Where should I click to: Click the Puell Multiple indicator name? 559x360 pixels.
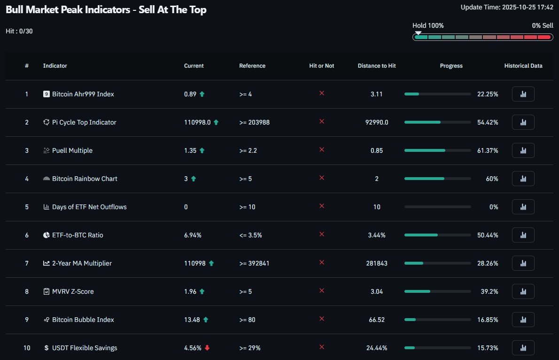(72, 150)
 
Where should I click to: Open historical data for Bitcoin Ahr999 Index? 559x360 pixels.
(523, 94)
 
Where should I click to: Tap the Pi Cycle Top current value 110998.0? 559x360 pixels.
(197, 122)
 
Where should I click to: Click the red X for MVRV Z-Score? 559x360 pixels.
(322, 291)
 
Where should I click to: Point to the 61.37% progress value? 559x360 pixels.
(488, 150)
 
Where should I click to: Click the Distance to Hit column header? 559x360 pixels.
(377, 66)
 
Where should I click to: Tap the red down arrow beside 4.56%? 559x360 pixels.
(207, 348)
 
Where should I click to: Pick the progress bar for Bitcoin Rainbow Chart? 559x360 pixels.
(437, 179)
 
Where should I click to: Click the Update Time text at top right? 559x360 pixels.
(507, 7)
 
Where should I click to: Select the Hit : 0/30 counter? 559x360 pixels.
(19, 31)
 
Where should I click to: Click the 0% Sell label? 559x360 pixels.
(543, 25)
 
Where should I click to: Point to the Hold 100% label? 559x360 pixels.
(428, 25)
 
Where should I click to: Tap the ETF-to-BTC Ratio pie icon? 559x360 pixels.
(46, 235)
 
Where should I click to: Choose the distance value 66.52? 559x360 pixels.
(377, 320)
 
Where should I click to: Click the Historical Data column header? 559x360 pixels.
(523, 66)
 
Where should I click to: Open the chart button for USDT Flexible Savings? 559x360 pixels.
(523, 348)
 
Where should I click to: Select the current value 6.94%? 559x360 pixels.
(193, 235)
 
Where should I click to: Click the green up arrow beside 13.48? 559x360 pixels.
(206, 320)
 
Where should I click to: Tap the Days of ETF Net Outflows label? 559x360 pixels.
(89, 207)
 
